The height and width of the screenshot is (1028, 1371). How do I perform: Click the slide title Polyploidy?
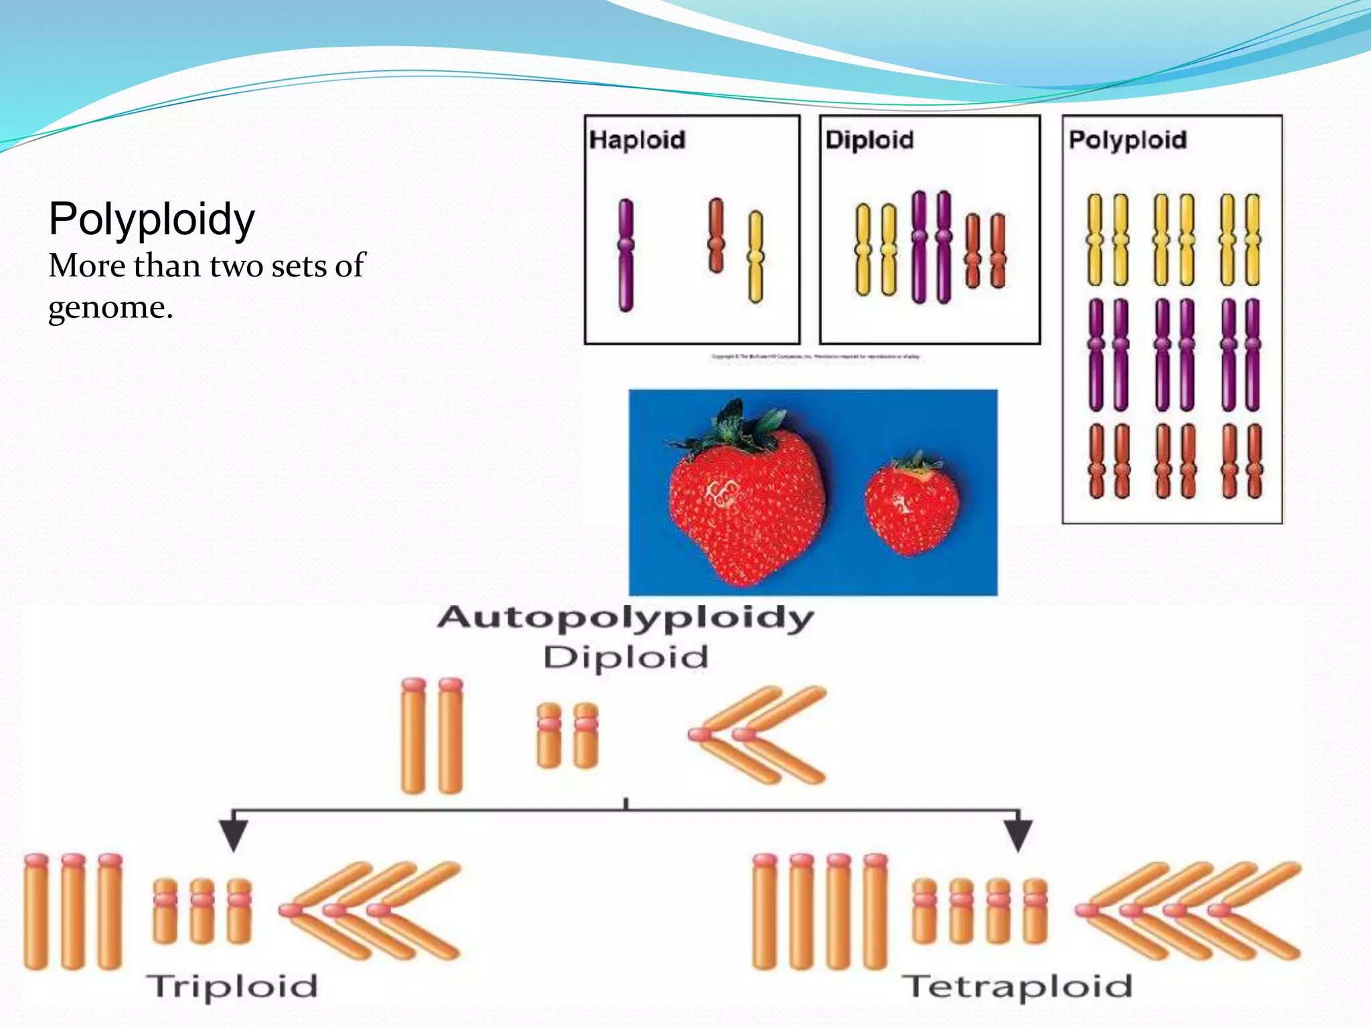151,220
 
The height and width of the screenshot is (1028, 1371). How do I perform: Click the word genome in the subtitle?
106,308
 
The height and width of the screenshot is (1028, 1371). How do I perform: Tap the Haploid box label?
637,140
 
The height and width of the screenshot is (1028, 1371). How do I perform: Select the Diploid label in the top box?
869,140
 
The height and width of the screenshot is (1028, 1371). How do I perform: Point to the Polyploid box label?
1127,141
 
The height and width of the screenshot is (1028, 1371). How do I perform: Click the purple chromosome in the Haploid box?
626,255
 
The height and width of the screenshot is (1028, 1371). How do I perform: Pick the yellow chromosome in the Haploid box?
755,257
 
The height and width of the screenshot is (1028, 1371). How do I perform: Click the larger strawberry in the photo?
746,509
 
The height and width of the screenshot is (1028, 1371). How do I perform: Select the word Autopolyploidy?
625,617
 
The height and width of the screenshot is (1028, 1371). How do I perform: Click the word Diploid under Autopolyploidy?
625,657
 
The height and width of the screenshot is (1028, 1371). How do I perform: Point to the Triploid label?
232,987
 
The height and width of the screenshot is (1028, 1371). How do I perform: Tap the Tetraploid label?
1016,987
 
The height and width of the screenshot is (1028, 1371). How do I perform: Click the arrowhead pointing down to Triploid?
234,834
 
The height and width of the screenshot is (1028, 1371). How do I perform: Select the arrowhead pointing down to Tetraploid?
1018,834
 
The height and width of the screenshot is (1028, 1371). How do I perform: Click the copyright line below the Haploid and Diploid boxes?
815,357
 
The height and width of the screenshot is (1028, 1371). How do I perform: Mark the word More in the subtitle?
87,266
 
